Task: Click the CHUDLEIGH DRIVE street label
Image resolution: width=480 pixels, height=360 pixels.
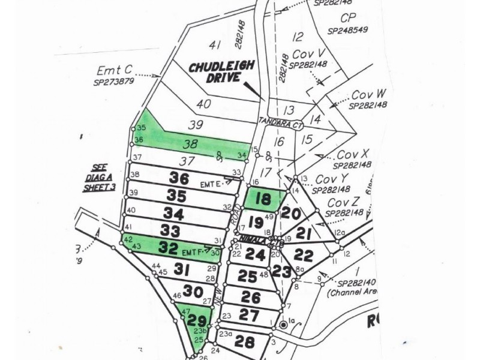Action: click(215, 72)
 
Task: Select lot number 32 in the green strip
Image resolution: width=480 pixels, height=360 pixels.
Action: click(169, 247)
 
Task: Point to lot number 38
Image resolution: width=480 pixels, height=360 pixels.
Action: click(190, 144)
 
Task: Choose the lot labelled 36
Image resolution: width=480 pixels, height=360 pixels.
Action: click(179, 178)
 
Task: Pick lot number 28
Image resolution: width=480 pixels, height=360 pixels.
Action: click(244, 343)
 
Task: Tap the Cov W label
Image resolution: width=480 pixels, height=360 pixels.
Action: click(368, 94)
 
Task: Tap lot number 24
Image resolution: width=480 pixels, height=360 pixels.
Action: click(255, 255)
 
